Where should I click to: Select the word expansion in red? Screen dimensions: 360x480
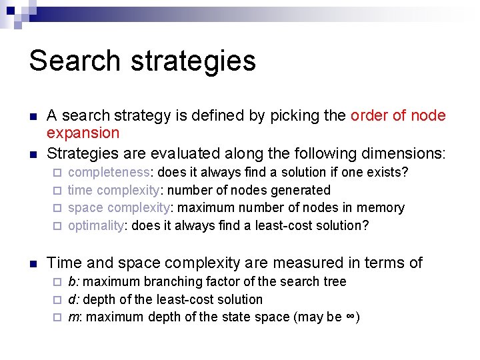point(83,133)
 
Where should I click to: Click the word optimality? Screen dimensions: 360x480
point(96,225)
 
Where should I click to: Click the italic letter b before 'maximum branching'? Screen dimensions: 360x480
point(71,282)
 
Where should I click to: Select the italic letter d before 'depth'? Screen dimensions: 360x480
point(71,300)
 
